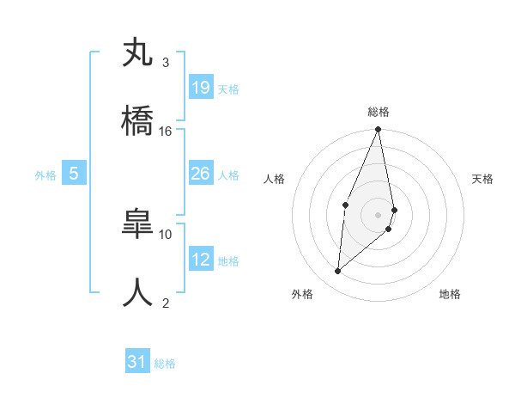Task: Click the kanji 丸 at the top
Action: click(x=138, y=53)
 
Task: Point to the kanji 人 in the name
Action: click(x=138, y=291)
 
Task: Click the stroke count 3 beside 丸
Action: click(x=166, y=63)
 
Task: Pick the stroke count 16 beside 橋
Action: click(x=166, y=131)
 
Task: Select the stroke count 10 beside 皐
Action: click(x=166, y=233)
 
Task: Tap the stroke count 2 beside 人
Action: click(x=166, y=302)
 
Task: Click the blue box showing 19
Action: click(x=201, y=87)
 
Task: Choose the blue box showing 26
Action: click(x=201, y=174)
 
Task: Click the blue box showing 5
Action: click(x=74, y=174)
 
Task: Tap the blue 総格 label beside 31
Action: click(x=165, y=364)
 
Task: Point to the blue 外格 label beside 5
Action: click(x=45, y=175)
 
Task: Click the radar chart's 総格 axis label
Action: click(x=379, y=112)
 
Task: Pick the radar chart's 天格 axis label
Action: click(x=482, y=179)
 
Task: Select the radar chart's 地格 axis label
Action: click(x=450, y=294)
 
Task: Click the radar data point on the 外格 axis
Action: click(x=338, y=271)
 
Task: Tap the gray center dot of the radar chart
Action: click(x=378, y=214)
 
